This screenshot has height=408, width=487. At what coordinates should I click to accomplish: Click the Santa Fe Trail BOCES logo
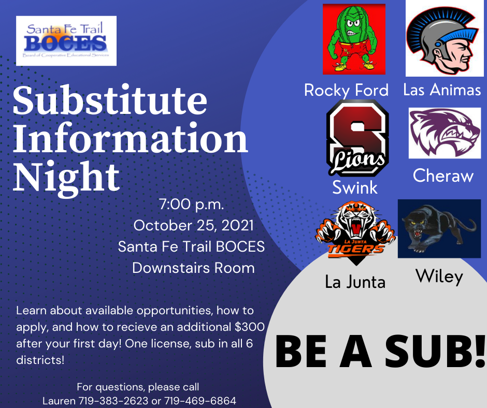click(x=66, y=41)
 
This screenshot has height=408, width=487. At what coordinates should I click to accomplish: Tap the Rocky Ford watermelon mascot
click(x=354, y=39)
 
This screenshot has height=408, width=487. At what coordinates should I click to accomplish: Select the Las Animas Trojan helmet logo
click(x=445, y=38)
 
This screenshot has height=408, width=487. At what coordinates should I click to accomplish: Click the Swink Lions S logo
click(x=357, y=138)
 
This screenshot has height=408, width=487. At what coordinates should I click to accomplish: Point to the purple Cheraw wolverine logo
click(x=445, y=133)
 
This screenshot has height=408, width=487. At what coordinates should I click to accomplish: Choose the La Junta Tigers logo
click(x=355, y=232)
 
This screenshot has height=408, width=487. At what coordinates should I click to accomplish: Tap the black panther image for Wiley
click(x=439, y=228)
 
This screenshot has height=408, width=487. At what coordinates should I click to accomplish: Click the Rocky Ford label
click(x=346, y=91)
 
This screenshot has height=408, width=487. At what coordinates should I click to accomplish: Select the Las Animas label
click(x=442, y=90)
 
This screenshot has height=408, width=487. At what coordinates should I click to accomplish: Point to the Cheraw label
click(x=443, y=176)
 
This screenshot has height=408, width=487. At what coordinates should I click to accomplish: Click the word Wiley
click(x=439, y=276)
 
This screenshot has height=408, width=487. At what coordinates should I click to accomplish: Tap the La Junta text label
click(x=355, y=282)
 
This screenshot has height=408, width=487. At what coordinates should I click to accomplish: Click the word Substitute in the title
click(x=110, y=100)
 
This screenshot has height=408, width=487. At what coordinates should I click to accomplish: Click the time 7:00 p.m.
click(x=192, y=205)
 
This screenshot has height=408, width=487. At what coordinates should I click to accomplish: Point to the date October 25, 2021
click(x=193, y=226)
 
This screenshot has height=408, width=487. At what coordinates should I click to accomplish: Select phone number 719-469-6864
click(x=200, y=401)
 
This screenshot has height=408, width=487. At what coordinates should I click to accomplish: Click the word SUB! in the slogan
click(x=435, y=351)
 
